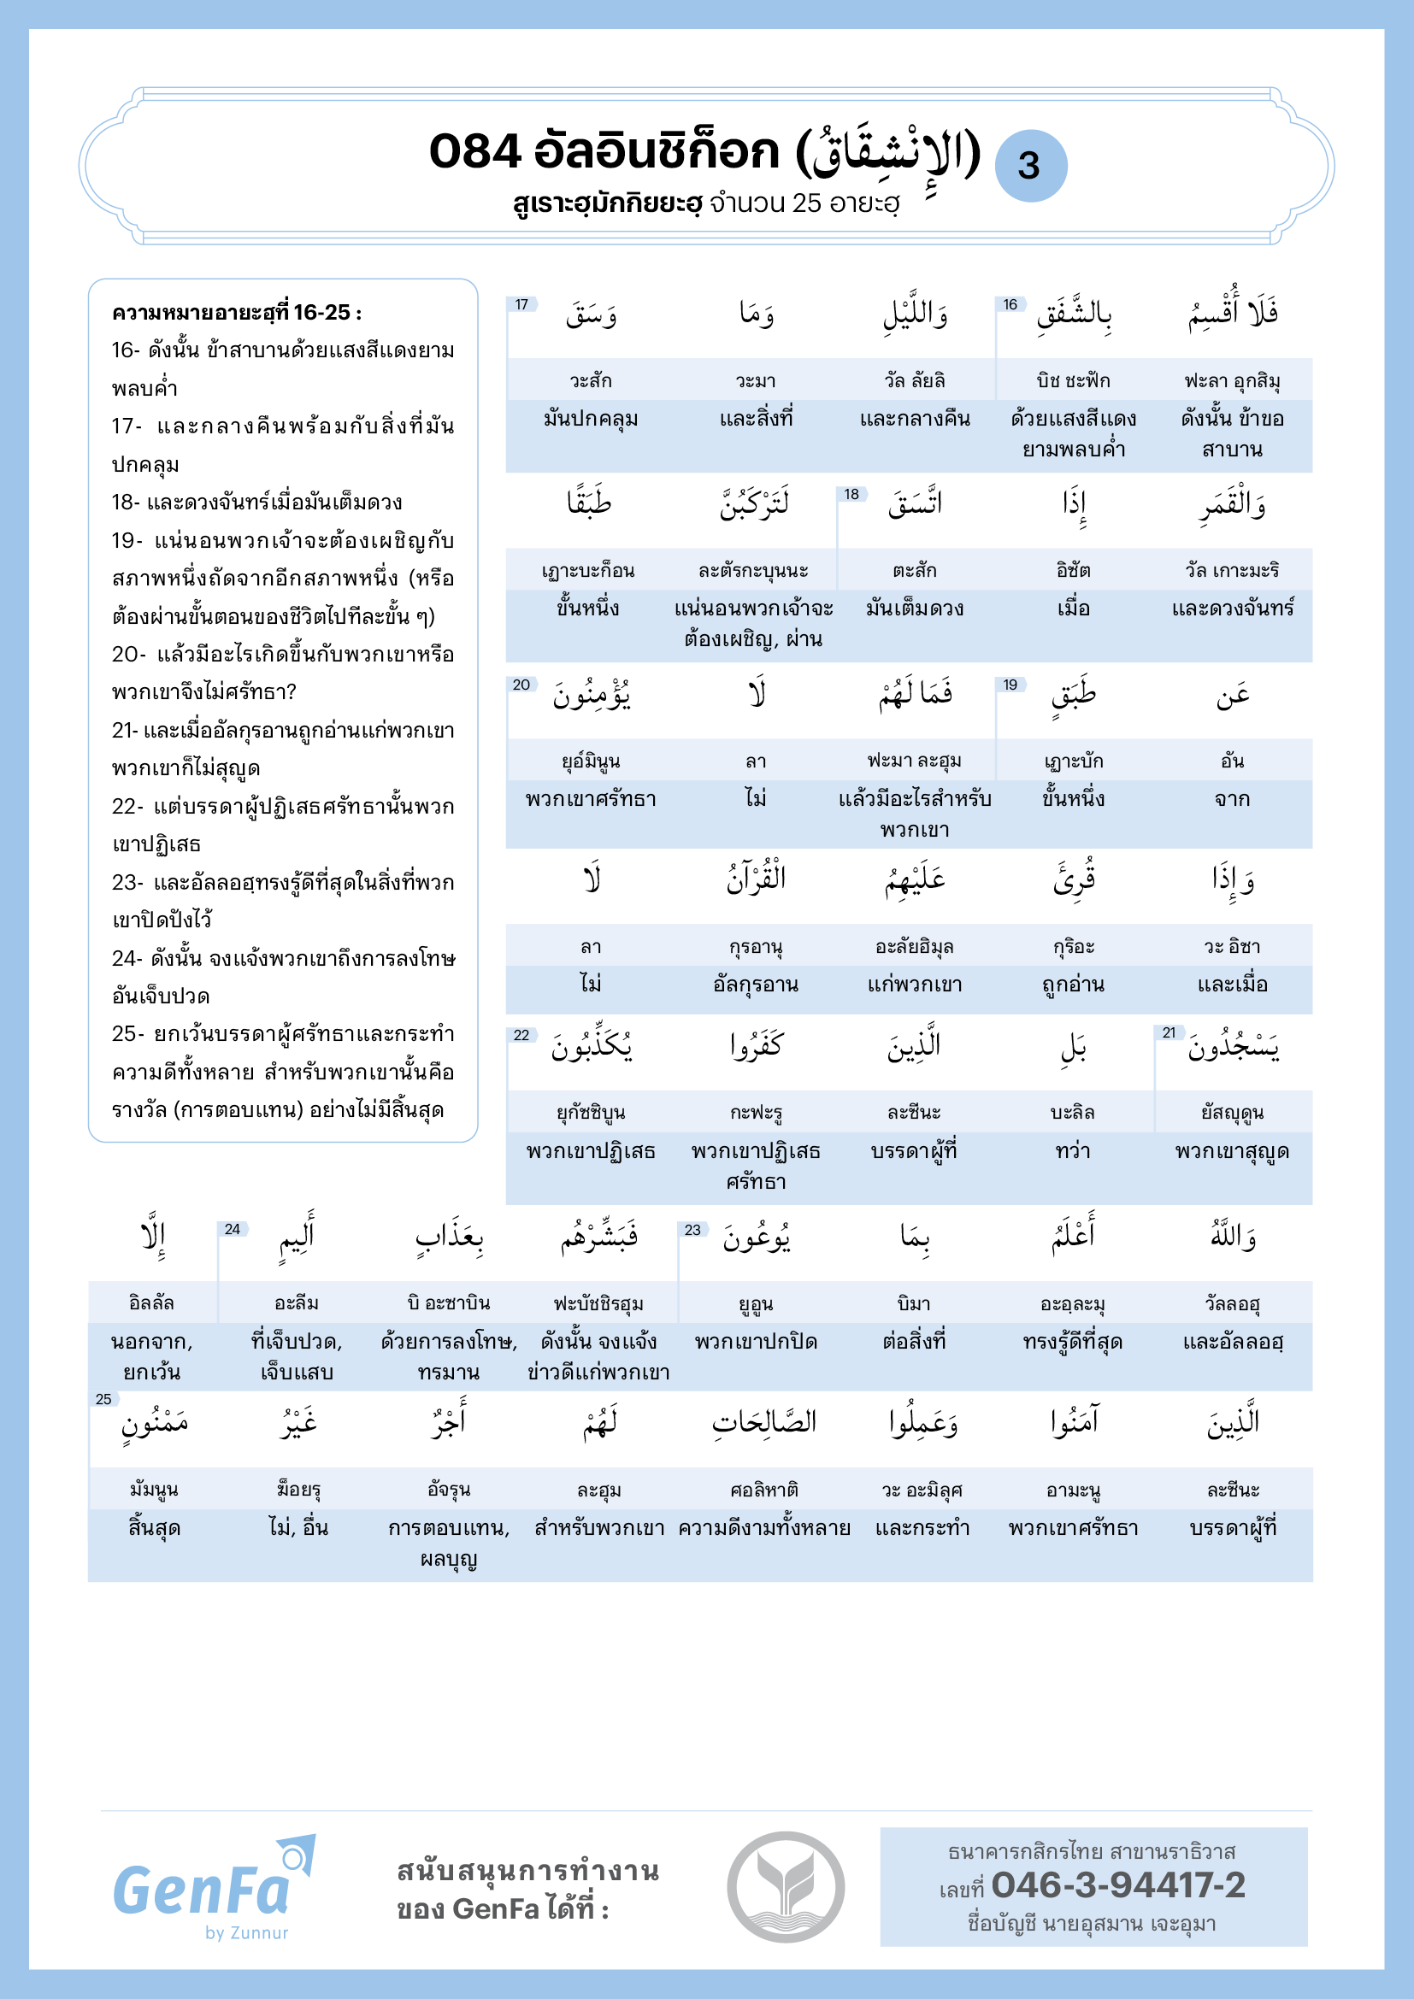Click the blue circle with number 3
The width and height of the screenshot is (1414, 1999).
click(x=1030, y=166)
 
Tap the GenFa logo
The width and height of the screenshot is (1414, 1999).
click(x=202, y=1888)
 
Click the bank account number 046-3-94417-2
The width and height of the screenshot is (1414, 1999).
click(x=1118, y=1885)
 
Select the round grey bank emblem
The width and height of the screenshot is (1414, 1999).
click(x=786, y=1886)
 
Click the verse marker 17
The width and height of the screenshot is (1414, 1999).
click(x=521, y=305)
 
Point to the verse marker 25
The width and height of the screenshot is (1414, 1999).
click(x=103, y=1399)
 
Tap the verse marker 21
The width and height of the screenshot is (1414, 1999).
click(x=1169, y=1032)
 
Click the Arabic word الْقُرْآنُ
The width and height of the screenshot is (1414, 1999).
click(x=756, y=879)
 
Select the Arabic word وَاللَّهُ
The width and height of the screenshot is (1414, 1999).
click(x=1232, y=1236)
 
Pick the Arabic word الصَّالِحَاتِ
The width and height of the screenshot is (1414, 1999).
click(x=763, y=1422)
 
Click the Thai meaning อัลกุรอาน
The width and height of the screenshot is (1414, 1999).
click(x=755, y=985)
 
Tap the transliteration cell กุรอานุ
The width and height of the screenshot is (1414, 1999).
click(x=755, y=946)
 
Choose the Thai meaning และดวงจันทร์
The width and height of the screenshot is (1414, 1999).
click(x=1232, y=608)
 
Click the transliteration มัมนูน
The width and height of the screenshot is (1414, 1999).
click(x=153, y=1489)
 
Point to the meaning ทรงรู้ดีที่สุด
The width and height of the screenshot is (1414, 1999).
click(x=1072, y=1342)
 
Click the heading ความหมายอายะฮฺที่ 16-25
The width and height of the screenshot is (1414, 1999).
click(x=236, y=313)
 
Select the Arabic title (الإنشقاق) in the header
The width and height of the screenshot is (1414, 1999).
click(x=888, y=153)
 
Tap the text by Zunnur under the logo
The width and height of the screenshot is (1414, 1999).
click(x=246, y=1932)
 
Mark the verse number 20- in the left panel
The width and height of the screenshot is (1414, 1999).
click(x=128, y=654)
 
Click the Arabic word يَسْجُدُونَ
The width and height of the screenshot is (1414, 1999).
click(x=1233, y=1048)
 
